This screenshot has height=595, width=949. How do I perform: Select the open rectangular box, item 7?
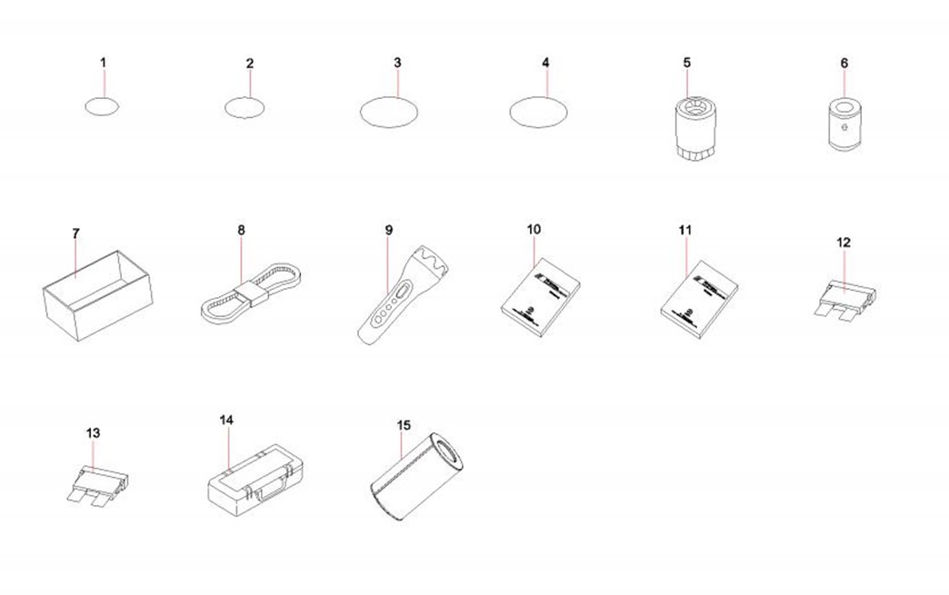(x=97, y=295)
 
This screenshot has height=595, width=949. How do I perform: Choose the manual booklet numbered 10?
(x=541, y=297)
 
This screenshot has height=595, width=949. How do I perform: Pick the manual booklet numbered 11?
(x=700, y=299)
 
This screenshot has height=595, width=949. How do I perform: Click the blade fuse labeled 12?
(x=844, y=300)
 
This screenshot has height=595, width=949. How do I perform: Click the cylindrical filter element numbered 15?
(x=416, y=477)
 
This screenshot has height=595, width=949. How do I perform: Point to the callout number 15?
(x=404, y=425)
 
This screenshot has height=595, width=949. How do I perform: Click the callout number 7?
(x=75, y=233)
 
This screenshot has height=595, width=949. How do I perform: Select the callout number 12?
(x=844, y=243)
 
